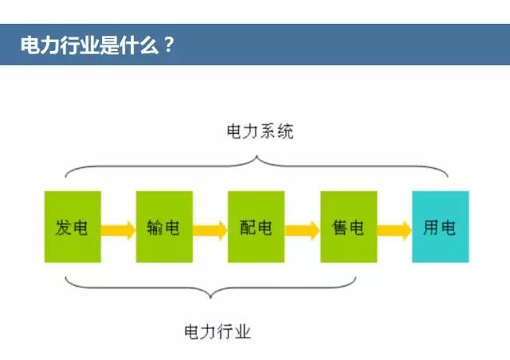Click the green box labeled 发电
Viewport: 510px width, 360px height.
coord(73,226)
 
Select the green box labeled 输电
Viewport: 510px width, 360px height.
coord(164,226)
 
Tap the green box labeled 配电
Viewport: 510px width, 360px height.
coord(256,226)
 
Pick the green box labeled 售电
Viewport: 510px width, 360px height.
coord(348,226)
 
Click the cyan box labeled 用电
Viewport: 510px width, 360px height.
coord(440,226)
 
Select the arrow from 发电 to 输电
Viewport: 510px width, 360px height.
coord(118,230)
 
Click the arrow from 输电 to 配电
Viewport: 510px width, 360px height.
coord(210,230)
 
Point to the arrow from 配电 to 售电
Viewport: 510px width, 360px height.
coord(302,230)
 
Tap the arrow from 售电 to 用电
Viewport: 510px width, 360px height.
coord(394,230)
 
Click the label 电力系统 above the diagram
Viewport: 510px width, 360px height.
coord(261,131)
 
